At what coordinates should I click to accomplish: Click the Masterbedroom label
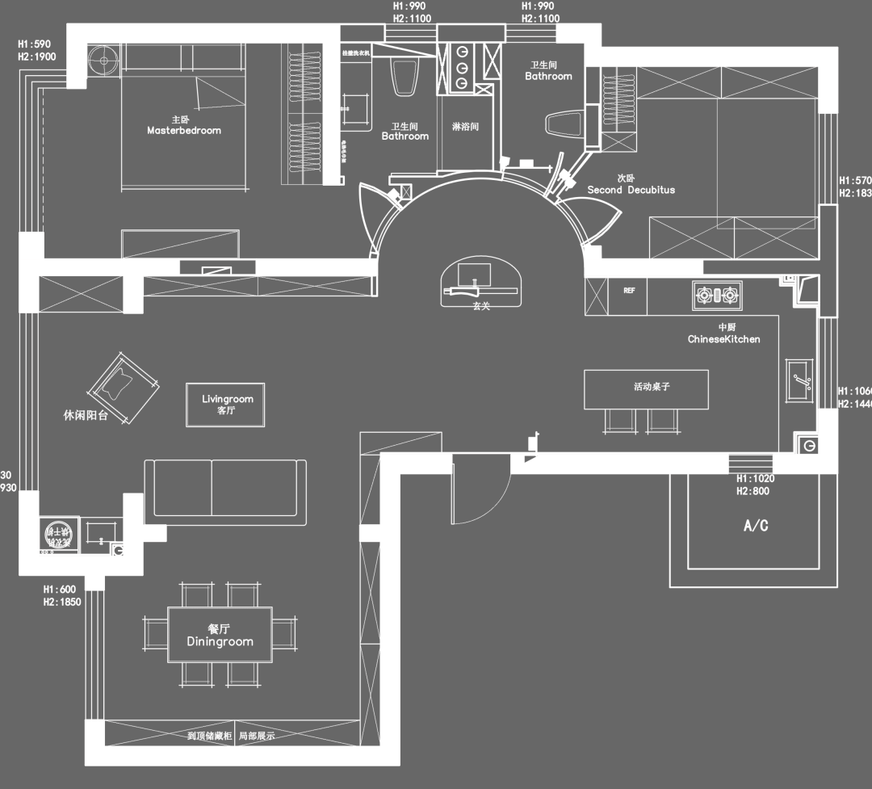tap(183, 130)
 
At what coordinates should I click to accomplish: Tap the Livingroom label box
tap(227, 405)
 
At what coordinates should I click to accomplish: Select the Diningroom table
tap(220, 635)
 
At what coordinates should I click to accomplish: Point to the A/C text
tap(755, 527)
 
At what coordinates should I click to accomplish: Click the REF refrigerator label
tap(629, 291)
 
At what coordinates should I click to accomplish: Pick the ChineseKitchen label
tap(723, 339)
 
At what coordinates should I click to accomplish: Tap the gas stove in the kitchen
tap(716, 296)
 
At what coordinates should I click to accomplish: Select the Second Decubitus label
tap(631, 190)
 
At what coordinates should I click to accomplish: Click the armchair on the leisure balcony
tap(123, 386)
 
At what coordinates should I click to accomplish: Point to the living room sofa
tap(225, 488)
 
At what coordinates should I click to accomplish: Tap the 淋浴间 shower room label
tap(466, 128)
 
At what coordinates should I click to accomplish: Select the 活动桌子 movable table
tap(646, 389)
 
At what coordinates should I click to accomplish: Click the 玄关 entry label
tap(482, 305)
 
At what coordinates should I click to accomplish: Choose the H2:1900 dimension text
tap(36, 57)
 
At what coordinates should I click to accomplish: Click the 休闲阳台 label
tap(86, 417)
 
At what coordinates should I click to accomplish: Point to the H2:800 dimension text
tap(753, 491)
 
